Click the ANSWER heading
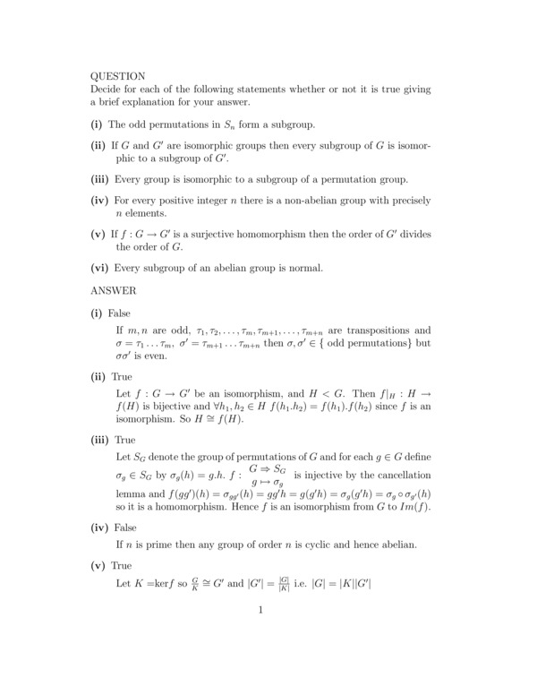coord(114,290)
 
